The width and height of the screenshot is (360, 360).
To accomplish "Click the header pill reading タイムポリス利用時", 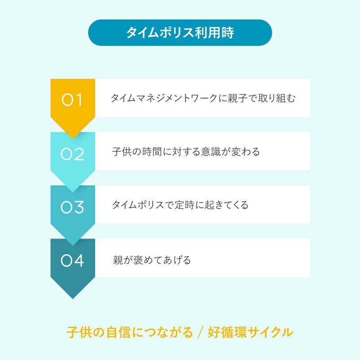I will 180,32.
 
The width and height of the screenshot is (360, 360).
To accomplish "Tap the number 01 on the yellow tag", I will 72,100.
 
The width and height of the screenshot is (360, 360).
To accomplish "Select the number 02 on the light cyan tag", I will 72,154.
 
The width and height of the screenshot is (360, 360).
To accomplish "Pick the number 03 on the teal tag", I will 72,207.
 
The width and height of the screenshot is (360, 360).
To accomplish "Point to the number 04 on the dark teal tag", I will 72,261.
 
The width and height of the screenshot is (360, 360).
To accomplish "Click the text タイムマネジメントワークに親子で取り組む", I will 203,98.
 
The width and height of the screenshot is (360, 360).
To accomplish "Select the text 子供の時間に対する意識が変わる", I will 186,152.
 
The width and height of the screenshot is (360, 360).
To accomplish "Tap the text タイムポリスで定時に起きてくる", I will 180,205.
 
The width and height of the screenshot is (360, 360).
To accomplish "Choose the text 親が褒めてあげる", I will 152,260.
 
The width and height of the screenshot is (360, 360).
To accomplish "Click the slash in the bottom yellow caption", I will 201,333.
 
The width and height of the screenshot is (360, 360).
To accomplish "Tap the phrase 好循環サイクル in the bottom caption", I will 251,333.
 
